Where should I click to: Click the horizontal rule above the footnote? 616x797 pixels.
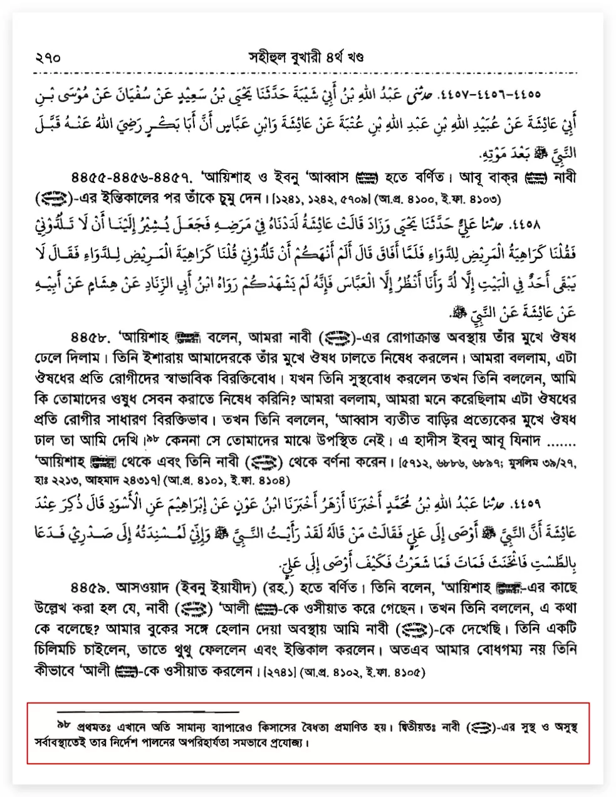(x=148, y=712)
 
